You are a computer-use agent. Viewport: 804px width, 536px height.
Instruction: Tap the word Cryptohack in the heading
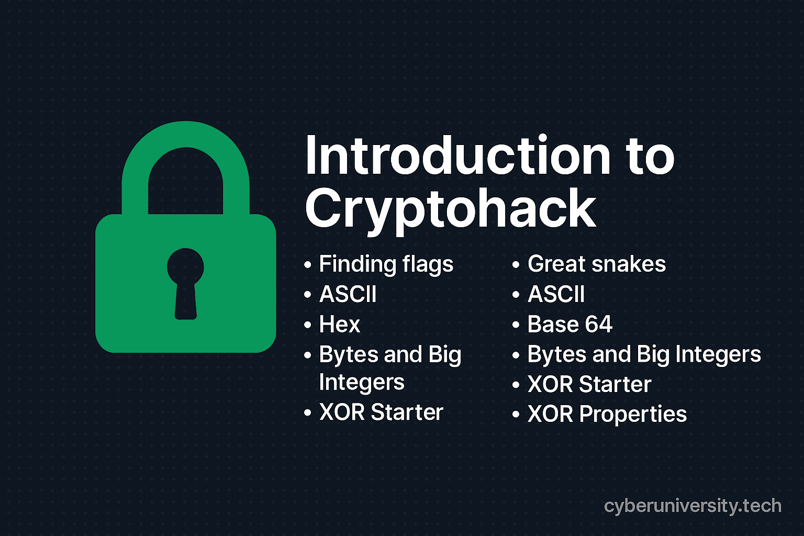[451, 209]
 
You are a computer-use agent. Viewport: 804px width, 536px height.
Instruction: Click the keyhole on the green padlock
[185, 283]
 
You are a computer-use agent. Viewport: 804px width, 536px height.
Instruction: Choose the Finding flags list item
[386, 264]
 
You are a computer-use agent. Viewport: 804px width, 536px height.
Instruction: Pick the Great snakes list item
[596, 264]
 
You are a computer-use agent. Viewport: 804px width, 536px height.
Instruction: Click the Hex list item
[340, 325]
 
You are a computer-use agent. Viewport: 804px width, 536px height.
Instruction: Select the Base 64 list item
[569, 324]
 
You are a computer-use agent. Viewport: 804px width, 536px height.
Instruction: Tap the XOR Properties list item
[607, 414]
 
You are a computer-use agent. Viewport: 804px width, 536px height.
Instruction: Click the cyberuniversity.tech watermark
[693, 506]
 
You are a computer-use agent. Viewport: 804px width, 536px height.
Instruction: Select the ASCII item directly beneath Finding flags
[348, 294]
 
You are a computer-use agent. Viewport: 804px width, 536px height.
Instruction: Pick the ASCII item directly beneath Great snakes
[556, 294]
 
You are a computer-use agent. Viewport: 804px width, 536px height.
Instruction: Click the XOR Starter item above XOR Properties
[589, 384]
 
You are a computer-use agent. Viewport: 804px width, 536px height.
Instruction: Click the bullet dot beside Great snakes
[516, 265]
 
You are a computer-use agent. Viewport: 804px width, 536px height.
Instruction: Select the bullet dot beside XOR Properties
[516, 415]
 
